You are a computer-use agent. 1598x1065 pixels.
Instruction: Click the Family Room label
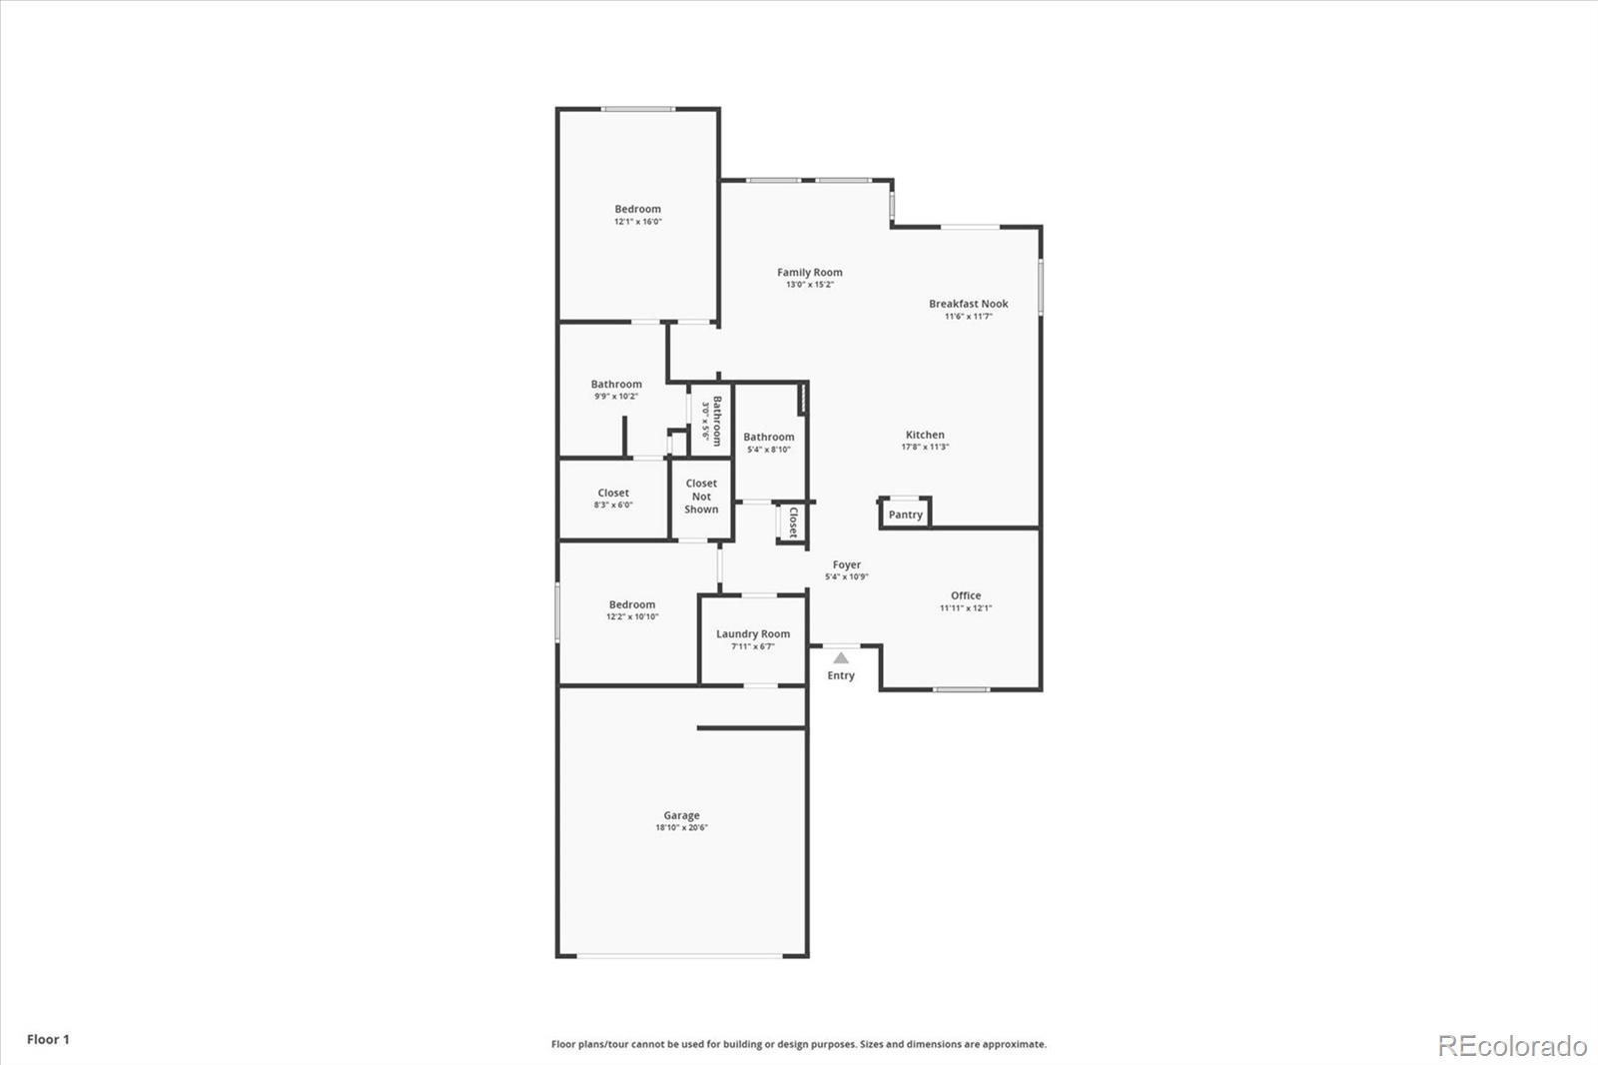click(809, 272)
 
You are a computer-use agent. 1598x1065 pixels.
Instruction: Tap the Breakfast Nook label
click(968, 304)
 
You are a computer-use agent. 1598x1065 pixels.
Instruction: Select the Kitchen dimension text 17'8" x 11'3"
click(925, 448)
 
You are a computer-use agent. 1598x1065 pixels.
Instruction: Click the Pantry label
click(905, 515)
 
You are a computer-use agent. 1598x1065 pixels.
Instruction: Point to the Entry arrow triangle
click(841, 657)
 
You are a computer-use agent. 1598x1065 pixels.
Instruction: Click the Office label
click(965, 595)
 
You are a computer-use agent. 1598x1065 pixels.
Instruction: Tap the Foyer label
click(846, 564)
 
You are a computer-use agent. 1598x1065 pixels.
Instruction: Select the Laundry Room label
click(752, 633)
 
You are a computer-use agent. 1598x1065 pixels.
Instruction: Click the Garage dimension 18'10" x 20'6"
click(681, 828)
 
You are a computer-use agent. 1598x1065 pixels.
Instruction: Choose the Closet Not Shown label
click(701, 497)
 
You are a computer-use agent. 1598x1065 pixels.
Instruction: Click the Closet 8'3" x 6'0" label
click(613, 493)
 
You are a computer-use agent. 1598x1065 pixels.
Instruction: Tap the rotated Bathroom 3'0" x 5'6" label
click(711, 420)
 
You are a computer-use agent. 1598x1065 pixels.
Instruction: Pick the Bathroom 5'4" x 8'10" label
click(768, 437)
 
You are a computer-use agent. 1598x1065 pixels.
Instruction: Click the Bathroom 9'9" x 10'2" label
click(615, 384)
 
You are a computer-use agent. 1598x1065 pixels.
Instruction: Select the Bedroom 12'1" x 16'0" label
click(637, 210)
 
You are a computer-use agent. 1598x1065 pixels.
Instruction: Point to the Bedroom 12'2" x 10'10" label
click(632, 604)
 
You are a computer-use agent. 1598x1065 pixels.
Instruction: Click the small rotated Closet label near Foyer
click(793, 523)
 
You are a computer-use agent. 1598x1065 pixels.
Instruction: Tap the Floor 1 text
click(48, 1039)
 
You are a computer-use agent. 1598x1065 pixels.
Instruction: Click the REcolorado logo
click(1511, 1046)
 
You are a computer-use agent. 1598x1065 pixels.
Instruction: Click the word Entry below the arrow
click(841, 676)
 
